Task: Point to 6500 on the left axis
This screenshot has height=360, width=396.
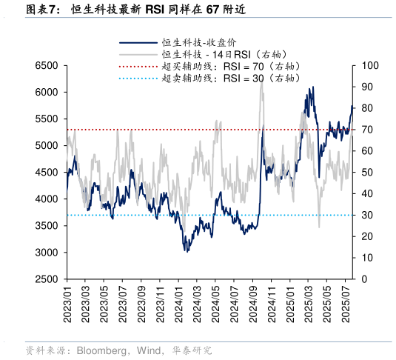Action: (x=47, y=66)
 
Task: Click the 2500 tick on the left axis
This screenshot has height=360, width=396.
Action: (x=47, y=279)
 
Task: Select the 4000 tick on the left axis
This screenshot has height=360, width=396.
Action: (x=47, y=199)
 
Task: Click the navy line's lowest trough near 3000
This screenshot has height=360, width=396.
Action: (x=187, y=251)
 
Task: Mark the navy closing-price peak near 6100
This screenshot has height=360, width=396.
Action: (x=312, y=87)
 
